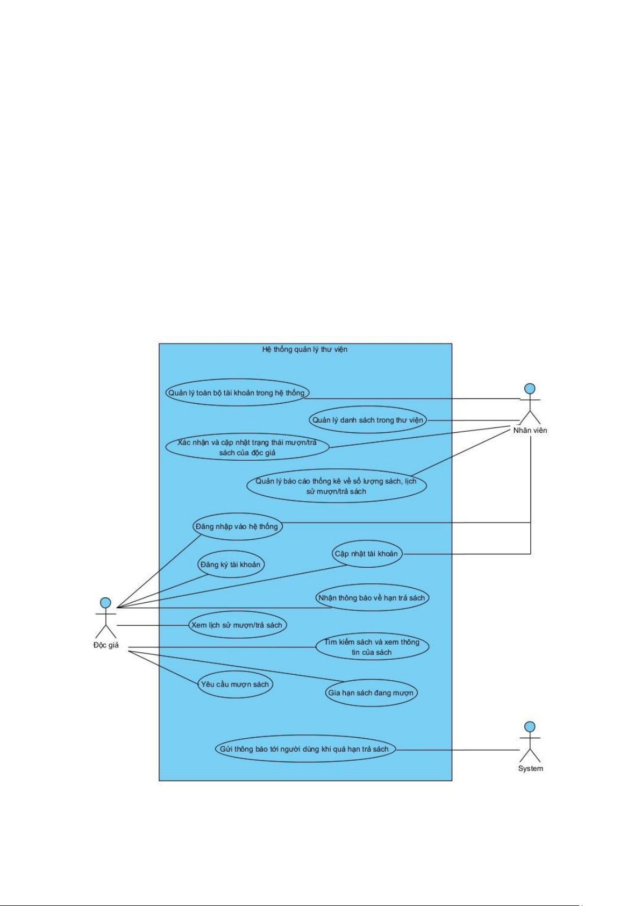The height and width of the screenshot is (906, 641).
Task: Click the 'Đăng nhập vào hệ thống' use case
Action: [x=237, y=526]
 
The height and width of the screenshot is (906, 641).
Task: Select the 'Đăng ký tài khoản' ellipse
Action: [x=231, y=564]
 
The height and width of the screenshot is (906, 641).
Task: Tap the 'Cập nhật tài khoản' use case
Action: [x=366, y=554]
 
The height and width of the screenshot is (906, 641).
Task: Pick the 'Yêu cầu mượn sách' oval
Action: [x=235, y=684]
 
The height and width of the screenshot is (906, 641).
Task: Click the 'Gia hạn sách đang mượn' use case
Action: [x=371, y=693]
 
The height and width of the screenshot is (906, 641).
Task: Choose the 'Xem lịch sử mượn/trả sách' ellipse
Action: [x=237, y=625]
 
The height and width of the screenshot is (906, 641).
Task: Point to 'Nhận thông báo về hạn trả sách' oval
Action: [x=372, y=597]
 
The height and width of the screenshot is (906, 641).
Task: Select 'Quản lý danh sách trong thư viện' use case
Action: [x=368, y=420]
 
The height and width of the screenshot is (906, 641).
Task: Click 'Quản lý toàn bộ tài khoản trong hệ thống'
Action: [x=237, y=393]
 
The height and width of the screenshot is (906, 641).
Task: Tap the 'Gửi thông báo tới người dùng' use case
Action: [x=304, y=748]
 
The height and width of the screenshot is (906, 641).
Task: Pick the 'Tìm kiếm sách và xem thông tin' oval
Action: [x=372, y=647]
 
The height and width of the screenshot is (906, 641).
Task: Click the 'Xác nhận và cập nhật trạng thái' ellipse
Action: [x=247, y=447]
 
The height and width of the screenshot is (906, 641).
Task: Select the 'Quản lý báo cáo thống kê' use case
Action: [x=336, y=486]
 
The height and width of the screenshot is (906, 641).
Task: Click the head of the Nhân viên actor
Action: [x=529, y=389]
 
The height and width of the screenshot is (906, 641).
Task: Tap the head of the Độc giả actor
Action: [x=105, y=602]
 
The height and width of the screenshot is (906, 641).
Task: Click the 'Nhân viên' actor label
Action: [x=530, y=430]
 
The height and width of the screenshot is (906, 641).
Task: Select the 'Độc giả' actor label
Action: [x=106, y=645]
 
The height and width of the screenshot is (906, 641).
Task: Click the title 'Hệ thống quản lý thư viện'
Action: [x=304, y=349]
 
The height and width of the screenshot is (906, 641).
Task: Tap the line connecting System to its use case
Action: [x=458, y=750]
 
